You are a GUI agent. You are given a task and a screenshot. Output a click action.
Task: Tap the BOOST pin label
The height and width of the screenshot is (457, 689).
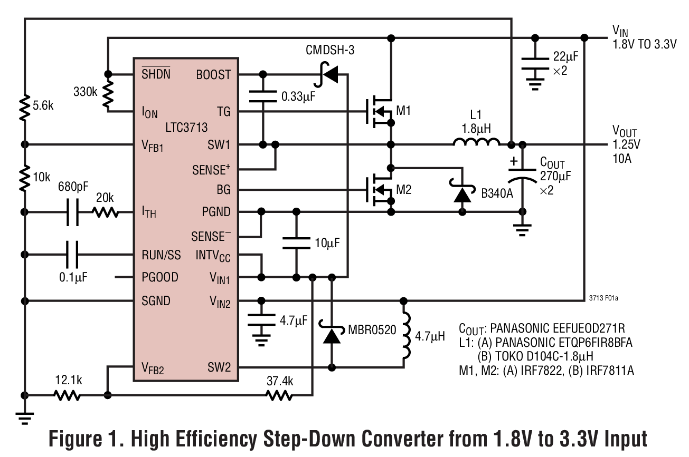point(213,74)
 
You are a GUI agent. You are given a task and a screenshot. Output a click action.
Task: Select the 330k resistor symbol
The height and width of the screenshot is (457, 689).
point(108,92)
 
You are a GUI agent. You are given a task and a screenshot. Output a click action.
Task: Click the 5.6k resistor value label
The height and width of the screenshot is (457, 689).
point(43,105)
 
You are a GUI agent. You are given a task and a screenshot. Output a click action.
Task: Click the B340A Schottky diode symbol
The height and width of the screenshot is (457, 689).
point(463,193)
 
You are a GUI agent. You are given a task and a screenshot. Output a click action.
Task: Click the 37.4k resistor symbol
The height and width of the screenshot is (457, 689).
point(279,395)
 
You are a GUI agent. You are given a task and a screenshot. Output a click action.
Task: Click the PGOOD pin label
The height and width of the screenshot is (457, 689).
point(160,277)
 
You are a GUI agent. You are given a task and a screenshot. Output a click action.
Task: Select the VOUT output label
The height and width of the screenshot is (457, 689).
point(625,131)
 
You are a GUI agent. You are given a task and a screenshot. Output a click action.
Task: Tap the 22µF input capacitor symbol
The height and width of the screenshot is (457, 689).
point(535,63)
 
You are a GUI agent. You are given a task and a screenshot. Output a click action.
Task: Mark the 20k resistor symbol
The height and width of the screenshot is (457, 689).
point(106,212)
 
